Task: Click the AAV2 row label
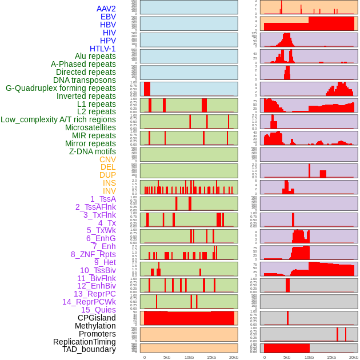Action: pyautogui.click(x=106, y=9)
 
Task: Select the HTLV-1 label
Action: pyautogui.click(x=103, y=49)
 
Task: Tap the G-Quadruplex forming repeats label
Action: pyautogui.click(x=61, y=88)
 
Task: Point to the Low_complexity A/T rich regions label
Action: pyautogui.click(x=58, y=119)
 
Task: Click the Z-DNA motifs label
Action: pyautogui.click(x=93, y=151)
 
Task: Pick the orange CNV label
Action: pyautogui.click(x=107, y=159)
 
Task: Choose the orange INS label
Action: pyautogui.click(x=109, y=183)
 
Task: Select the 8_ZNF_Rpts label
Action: pyautogui.click(x=93, y=254)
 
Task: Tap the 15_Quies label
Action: pyautogui.click(x=98, y=310)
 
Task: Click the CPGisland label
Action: pyautogui.click(x=97, y=318)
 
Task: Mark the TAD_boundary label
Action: pyautogui.click(x=89, y=349)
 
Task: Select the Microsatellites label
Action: pyautogui.click(x=90, y=127)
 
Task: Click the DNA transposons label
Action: pyautogui.click(x=85, y=80)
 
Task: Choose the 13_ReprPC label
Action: pyautogui.click(x=94, y=294)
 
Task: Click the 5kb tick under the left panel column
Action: pyautogui.click(x=167, y=357)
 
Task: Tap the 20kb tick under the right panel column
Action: pyautogui.click(x=354, y=357)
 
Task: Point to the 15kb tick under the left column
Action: pyautogui.click(x=211, y=357)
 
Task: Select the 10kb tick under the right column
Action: pyautogui.click(x=309, y=357)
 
